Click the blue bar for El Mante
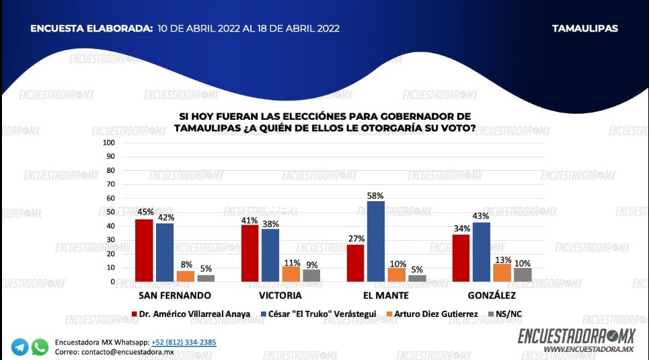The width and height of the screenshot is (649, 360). [x=375, y=241]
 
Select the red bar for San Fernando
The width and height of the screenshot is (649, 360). [x=144, y=250]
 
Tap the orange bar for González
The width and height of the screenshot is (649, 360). [x=502, y=273]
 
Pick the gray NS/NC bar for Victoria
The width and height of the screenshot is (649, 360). [x=311, y=275]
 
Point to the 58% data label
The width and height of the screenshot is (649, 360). [x=375, y=195]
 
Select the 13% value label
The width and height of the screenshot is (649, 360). [x=502, y=259]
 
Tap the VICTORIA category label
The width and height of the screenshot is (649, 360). [x=280, y=295]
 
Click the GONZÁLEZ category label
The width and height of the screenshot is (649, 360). [x=492, y=295]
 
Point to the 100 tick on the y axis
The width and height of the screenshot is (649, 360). [x=109, y=143]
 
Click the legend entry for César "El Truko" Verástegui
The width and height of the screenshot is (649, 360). [x=323, y=314]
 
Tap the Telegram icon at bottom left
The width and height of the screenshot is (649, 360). [x=20, y=347]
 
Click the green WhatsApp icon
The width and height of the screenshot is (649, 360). [x=40, y=347]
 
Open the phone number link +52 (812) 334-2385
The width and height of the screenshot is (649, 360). [x=184, y=343]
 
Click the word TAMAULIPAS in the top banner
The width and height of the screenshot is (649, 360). [x=584, y=28]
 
